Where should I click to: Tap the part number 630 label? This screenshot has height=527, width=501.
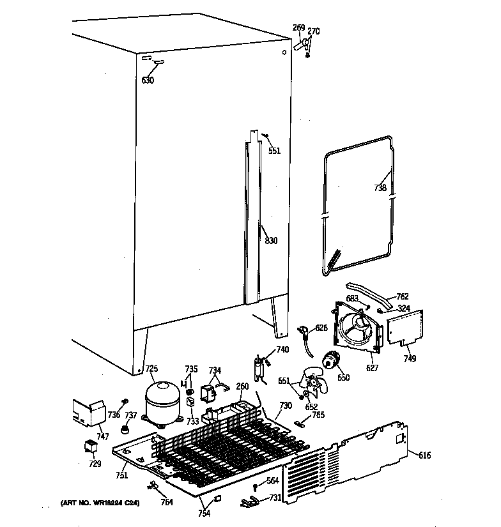148,80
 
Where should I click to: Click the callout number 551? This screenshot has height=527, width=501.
274,151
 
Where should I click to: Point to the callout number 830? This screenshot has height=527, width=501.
271,241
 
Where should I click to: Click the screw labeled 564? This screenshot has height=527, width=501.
256,487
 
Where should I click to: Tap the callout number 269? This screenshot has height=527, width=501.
298,27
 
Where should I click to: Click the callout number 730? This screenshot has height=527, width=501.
285,406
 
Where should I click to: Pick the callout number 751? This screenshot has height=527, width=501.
121,475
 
